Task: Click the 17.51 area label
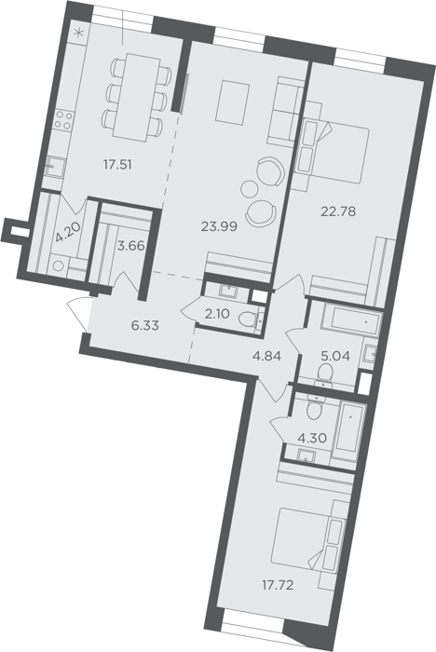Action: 117,165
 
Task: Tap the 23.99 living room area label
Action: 219,226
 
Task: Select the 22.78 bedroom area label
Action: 338,211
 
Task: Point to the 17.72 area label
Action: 278,586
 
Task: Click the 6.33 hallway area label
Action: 144,326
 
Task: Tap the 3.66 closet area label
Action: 131,246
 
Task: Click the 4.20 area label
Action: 66,233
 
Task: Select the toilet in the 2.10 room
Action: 250,319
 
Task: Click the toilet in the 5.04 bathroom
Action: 324,374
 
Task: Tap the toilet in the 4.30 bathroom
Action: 315,408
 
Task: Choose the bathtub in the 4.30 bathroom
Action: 350,427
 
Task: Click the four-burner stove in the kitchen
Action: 64,120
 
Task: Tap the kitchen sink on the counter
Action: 54,167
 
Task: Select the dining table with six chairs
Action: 137,97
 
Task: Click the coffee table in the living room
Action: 233,102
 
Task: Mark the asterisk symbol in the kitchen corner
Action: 78,33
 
